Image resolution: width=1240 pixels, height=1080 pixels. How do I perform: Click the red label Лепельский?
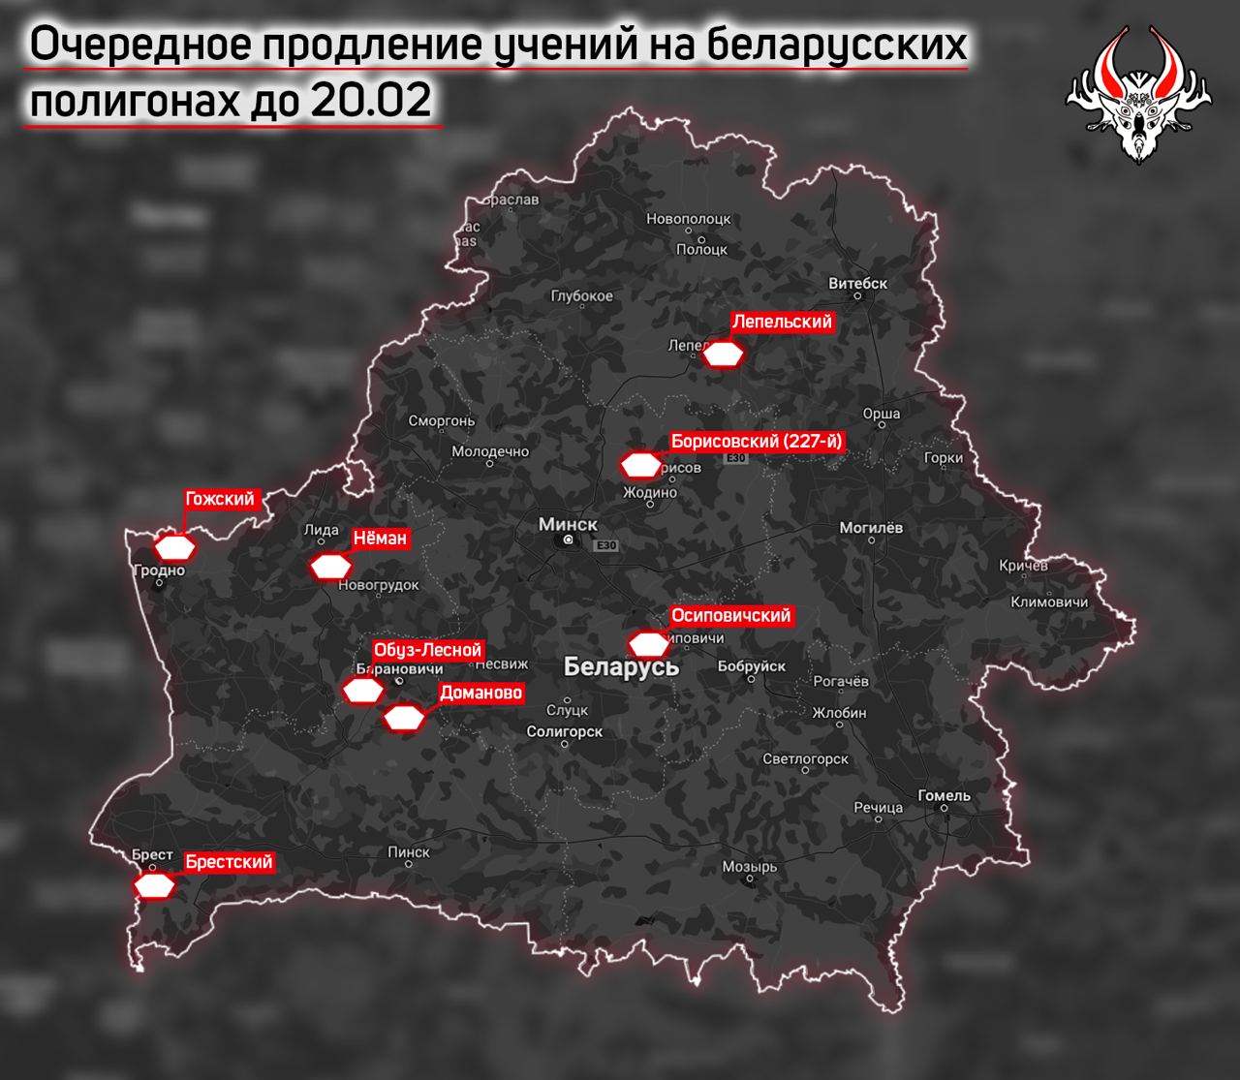(x=782, y=323)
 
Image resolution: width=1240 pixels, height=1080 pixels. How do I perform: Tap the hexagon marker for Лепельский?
(x=723, y=355)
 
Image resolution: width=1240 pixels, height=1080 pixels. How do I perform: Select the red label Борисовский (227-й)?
(x=758, y=442)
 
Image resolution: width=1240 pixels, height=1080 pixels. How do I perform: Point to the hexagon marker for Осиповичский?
(x=648, y=644)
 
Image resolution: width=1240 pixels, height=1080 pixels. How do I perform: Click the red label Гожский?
(x=220, y=500)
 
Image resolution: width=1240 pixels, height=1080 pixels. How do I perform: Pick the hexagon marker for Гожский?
(x=176, y=547)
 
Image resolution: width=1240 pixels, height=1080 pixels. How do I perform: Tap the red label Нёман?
(x=380, y=539)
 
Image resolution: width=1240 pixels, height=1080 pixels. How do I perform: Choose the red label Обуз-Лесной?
(x=427, y=651)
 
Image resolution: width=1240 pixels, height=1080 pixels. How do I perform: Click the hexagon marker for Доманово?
(x=404, y=719)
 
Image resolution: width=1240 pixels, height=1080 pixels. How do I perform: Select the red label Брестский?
(x=229, y=862)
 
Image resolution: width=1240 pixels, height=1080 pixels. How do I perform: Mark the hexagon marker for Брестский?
(x=155, y=886)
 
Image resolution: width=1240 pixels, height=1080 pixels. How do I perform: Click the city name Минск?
(x=568, y=524)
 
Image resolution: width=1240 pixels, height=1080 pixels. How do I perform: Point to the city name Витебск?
(x=858, y=284)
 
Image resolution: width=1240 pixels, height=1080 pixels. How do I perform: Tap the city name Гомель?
(x=944, y=795)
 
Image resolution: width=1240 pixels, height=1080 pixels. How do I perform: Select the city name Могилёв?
(x=871, y=528)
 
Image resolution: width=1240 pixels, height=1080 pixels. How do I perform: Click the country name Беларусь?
(x=621, y=667)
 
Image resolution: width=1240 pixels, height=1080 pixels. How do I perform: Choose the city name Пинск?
(x=408, y=852)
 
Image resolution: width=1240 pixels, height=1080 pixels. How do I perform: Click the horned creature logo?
(x=1139, y=92)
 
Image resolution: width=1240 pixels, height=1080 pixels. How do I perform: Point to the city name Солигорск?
(x=565, y=732)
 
